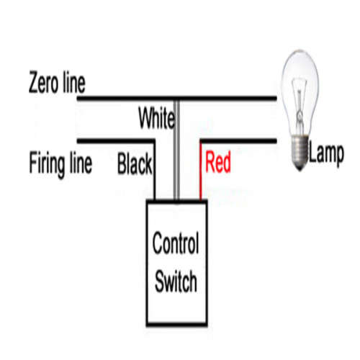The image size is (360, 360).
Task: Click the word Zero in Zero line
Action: coord(43,82)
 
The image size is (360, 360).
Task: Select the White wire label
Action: coord(157,118)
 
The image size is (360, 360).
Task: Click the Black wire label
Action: coord(135,163)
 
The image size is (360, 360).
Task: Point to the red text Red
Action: coord(218,162)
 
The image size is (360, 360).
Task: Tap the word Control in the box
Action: coord(176,243)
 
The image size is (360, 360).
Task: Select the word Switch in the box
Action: coord(176,281)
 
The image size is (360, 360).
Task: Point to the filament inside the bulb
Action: coord(300,106)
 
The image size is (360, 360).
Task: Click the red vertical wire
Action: coord(200,172)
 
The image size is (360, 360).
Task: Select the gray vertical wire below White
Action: coord(176,150)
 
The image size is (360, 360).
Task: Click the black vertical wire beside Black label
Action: coord(154,171)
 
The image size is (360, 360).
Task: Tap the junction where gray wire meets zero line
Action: coord(176,99)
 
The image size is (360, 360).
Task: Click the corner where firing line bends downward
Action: coord(154,141)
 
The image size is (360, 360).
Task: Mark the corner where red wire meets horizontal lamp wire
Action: coord(201,141)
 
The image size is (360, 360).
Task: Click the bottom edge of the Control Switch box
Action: coord(177,325)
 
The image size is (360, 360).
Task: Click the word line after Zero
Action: coord(74,83)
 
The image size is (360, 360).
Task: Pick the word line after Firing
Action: coord(81,162)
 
